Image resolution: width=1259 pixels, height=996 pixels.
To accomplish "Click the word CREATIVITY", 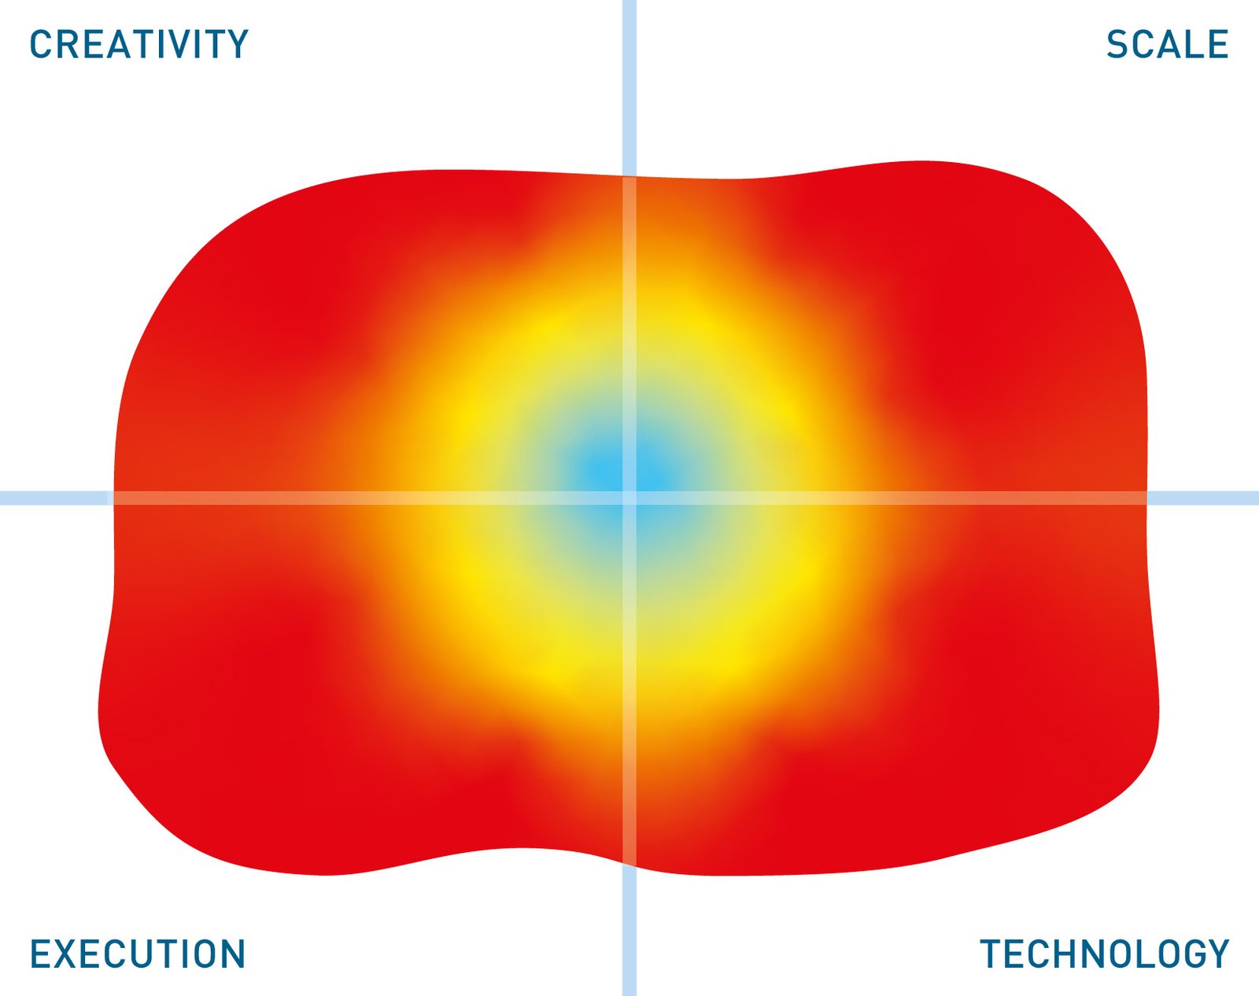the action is [x=139, y=44].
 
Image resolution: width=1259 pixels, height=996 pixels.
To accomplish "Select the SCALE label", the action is [x=1167, y=44].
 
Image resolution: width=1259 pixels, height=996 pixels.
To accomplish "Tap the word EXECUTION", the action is [x=138, y=954].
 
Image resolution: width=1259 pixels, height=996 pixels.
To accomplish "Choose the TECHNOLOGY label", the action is [x=1105, y=954].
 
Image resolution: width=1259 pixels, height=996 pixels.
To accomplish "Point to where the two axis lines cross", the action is [x=629, y=498].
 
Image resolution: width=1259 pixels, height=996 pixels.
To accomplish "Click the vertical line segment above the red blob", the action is [x=629, y=88].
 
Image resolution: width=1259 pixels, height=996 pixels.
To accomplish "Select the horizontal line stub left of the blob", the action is [x=57, y=498].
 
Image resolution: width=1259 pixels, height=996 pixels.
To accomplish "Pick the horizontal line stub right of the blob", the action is [x=1203, y=498].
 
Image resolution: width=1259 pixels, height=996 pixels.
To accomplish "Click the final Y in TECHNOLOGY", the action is [x=1217, y=954].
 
